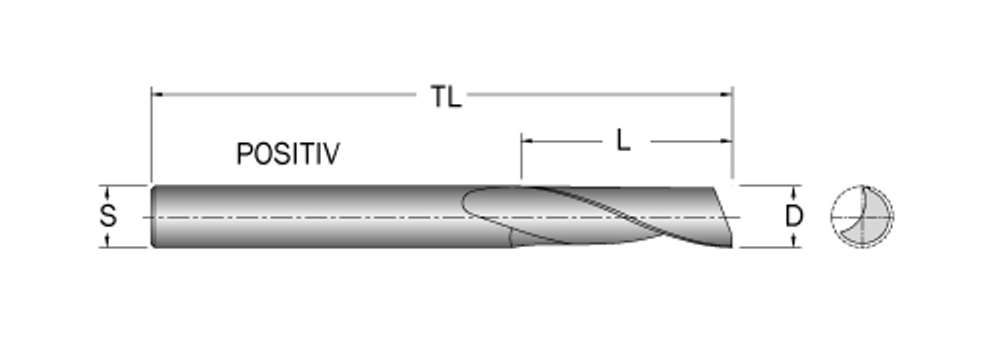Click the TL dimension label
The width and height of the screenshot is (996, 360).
coord(445,97)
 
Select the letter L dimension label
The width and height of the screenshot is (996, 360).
coord(623,140)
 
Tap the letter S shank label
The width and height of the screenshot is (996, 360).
coord(108,216)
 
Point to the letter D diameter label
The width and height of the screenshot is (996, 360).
coord(794,217)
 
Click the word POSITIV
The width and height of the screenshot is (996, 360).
coord(288,154)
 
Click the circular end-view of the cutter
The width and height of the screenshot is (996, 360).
coord(862,217)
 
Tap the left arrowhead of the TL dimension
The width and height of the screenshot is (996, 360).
coord(157,94)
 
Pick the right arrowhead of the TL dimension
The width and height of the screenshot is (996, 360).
coord(727,94)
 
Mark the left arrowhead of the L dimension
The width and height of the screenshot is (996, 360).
coord(526,141)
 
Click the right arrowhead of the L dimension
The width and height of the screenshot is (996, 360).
coord(727,141)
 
